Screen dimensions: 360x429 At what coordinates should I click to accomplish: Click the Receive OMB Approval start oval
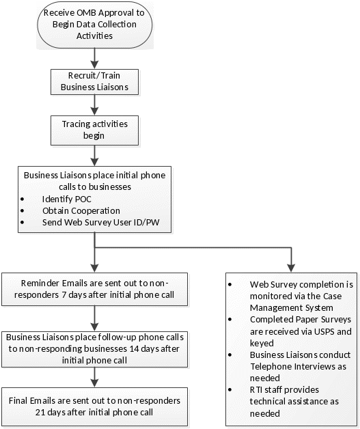point(95,25)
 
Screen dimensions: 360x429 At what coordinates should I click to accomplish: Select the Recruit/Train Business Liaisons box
point(95,82)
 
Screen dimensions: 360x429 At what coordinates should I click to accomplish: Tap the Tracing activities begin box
point(95,130)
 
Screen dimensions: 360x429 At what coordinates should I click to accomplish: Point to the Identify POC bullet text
point(67,199)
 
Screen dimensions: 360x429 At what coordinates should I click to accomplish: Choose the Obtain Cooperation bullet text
point(81,210)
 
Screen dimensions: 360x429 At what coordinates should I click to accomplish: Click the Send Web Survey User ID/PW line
point(101,222)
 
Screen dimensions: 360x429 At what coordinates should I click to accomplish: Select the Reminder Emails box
point(95,289)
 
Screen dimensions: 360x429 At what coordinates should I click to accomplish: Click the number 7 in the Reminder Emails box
point(64,295)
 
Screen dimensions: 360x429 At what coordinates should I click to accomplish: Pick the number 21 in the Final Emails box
point(40,412)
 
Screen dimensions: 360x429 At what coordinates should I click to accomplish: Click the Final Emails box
point(95,406)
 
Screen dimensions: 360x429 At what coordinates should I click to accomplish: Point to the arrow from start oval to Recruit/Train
point(95,59)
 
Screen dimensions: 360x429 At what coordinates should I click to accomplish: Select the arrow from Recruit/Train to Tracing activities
point(95,105)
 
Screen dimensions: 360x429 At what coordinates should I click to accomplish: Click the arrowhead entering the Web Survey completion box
point(291,268)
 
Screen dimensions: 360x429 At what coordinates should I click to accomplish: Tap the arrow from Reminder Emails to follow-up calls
point(95,318)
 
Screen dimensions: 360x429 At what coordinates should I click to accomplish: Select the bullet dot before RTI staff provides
point(230,389)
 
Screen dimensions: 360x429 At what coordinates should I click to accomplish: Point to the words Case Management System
point(296,302)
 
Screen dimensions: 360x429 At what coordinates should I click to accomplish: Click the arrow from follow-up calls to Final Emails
point(95,377)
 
